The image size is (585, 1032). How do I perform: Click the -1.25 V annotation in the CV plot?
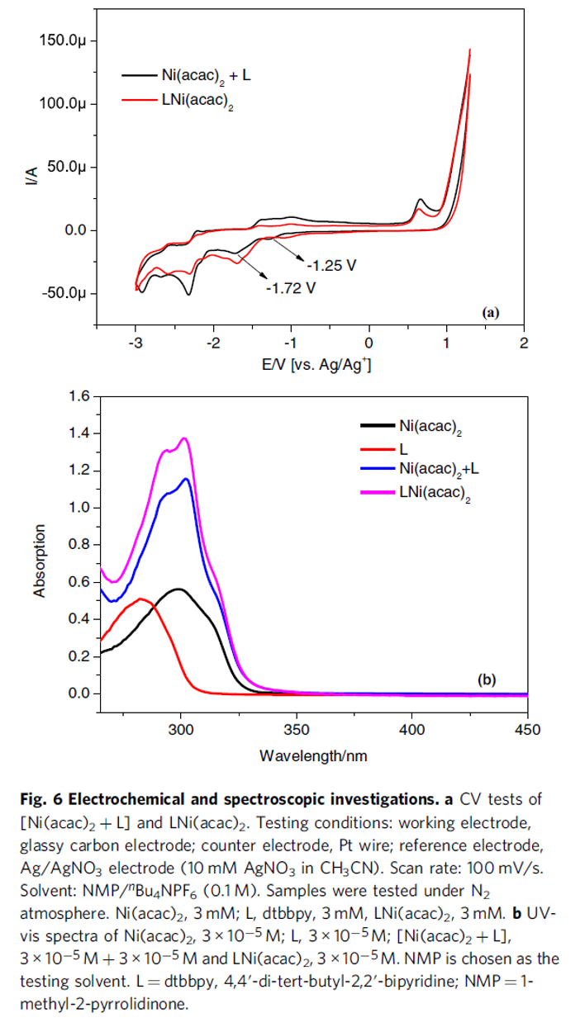(x=331, y=266)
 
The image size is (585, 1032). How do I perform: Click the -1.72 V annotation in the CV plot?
(x=291, y=288)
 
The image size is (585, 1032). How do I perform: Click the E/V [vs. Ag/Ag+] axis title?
(x=311, y=365)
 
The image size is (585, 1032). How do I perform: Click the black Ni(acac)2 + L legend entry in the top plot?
(x=202, y=75)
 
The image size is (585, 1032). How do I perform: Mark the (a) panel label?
(x=490, y=312)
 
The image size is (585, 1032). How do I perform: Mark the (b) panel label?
(x=487, y=680)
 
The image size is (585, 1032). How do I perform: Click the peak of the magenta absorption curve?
(x=184, y=438)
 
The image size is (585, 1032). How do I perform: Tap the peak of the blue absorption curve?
(x=187, y=479)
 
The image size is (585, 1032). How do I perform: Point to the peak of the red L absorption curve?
(x=142, y=599)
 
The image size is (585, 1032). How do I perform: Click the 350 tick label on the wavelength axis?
(x=297, y=730)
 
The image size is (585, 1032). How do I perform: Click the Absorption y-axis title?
(x=40, y=558)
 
